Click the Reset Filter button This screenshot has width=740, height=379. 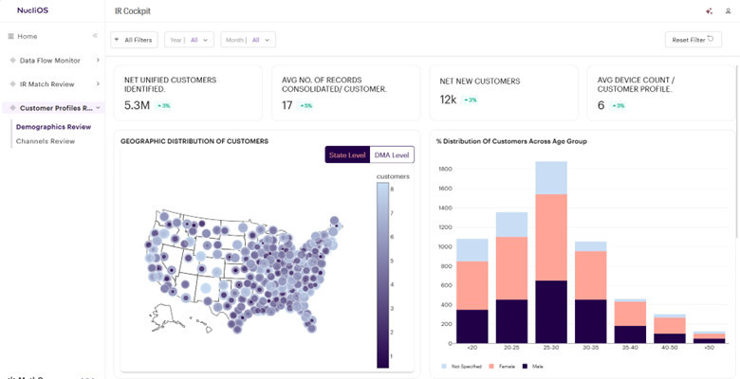tap(694, 40)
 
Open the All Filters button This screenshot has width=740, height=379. tap(134, 40)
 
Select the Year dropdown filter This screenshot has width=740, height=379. tap(188, 40)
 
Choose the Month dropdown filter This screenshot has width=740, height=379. tap(248, 40)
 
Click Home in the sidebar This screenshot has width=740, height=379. tap(27, 36)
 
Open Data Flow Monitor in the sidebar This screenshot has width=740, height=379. tap(49, 60)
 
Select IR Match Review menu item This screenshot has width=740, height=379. tap(47, 84)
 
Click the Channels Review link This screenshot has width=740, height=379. tap(46, 141)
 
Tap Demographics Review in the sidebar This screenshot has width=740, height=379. tap(54, 126)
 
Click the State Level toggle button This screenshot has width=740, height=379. tap(346, 154)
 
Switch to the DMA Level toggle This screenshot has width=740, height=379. tap(391, 154)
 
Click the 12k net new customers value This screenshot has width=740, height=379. tap(448, 99)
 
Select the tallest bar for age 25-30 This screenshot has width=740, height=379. tap(551, 252)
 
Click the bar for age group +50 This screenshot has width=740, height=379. tap(710, 337)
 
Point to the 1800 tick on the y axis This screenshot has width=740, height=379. tap(444, 169)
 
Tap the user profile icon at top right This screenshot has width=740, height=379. tap(728, 10)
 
